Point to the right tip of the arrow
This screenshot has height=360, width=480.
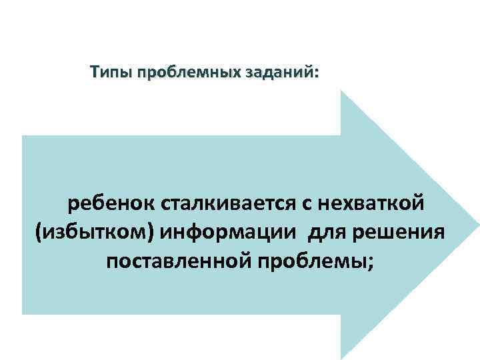point(477,225)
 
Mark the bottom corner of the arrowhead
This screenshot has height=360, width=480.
point(342,358)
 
